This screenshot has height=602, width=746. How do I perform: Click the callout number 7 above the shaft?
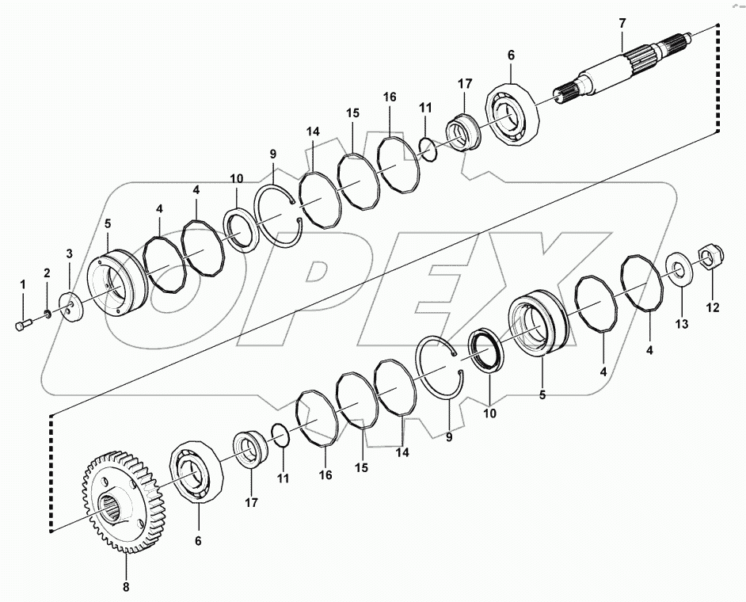[622, 23]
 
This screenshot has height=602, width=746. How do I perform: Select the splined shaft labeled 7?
[626, 71]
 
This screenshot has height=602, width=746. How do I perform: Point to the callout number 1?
[23, 284]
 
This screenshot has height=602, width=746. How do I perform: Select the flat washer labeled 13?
[679, 268]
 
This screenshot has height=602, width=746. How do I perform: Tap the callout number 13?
[682, 323]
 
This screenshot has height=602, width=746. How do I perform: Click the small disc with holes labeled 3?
[73, 307]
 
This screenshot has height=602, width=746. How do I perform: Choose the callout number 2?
[46, 273]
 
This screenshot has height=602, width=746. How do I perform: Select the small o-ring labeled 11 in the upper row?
[427, 147]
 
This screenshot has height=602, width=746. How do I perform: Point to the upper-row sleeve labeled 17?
[462, 128]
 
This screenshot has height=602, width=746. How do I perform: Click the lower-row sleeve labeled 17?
[250, 451]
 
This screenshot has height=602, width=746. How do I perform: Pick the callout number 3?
[69, 253]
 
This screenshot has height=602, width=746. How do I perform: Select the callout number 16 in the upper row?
[389, 96]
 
